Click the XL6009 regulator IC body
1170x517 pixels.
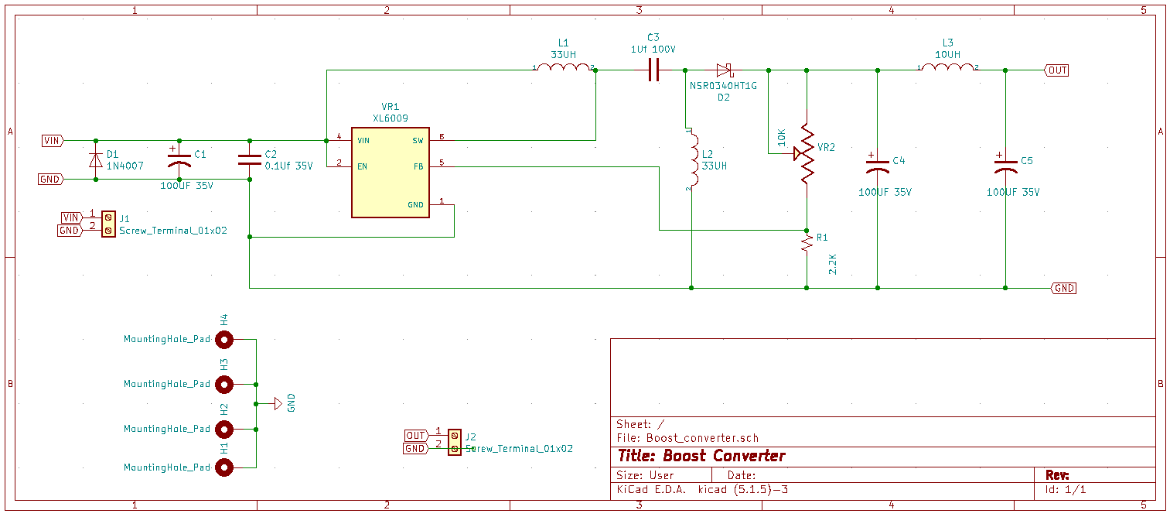391,173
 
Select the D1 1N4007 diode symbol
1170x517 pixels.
96,160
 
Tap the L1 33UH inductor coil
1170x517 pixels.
564,67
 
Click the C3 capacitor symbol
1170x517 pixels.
653,70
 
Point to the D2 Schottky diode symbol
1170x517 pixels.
724,70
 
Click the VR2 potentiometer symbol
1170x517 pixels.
805,154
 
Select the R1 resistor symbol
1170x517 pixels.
807,243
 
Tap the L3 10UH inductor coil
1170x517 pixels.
948,67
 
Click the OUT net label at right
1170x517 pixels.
1056,70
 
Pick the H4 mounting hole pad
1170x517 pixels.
224,340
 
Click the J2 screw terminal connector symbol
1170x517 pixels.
455,442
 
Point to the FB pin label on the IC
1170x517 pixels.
418,166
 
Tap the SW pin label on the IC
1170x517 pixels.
418,141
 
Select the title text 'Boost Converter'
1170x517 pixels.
724,456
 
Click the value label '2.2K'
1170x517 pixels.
833,265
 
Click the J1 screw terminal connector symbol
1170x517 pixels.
108,224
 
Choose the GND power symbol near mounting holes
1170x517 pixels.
278,403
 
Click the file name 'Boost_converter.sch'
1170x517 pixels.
702,438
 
